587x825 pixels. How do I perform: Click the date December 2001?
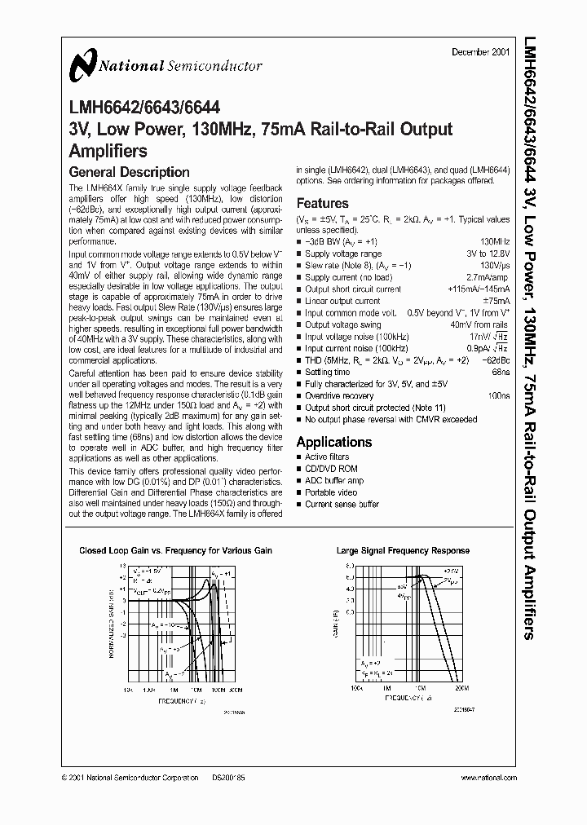coord(481,52)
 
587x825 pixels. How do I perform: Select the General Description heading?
coord(129,172)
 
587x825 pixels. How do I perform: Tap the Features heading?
coord(322,203)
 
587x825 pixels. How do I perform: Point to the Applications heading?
coord(334,442)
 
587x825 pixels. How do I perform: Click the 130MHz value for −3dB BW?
coord(495,242)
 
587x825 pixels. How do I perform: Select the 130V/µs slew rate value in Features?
coord(495,266)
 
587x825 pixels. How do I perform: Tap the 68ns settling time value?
coord(501,372)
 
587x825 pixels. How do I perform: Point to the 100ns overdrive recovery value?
coord(498,395)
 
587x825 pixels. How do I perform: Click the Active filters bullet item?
coord(326,457)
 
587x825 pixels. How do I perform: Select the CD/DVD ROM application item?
coord(331,469)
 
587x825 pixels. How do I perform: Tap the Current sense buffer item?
coord(342,505)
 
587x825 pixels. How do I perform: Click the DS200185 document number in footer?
coord(227,779)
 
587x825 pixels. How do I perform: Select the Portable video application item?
coord(330,492)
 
